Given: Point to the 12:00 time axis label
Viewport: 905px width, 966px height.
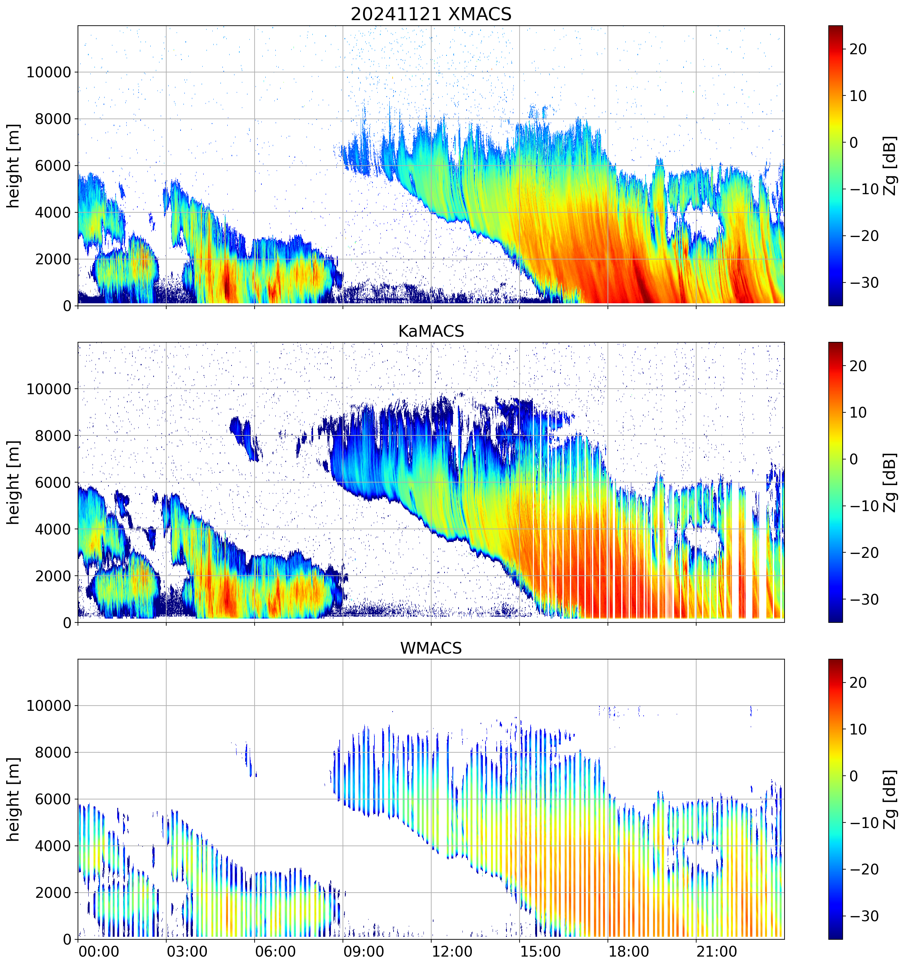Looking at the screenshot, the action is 452,951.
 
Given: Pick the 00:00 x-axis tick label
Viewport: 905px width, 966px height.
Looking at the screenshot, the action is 99,951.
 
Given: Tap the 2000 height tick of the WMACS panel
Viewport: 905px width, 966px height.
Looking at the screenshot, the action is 53,893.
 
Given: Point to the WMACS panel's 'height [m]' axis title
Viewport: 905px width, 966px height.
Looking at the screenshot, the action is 13,799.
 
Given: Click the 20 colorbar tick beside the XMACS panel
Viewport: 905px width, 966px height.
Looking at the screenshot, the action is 858,49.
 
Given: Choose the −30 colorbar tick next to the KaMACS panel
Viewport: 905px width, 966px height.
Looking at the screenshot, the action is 864,599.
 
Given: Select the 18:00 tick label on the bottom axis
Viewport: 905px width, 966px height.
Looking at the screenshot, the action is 628,951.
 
